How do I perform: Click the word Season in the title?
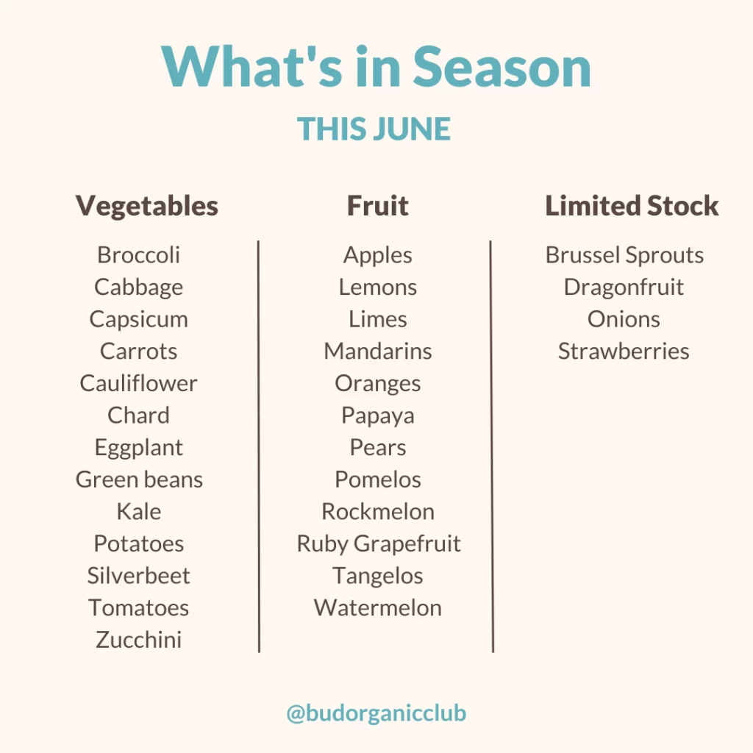click(502, 67)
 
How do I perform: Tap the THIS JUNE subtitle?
click(374, 129)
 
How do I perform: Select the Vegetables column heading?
click(147, 207)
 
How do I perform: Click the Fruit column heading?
click(378, 206)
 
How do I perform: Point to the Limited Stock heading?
click(632, 206)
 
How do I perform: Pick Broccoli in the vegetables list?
click(138, 254)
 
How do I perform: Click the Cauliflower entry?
click(138, 382)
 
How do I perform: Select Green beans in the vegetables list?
click(139, 479)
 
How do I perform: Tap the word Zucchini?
click(138, 640)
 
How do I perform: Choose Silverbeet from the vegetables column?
click(138, 575)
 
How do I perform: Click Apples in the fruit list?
click(378, 255)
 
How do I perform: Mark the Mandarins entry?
click(378, 351)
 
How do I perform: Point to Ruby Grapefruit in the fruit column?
click(379, 544)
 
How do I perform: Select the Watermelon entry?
click(378, 607)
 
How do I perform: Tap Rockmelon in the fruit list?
click(378, 512)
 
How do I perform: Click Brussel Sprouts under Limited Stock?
click(624, 255)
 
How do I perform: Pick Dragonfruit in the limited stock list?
click(624, 288)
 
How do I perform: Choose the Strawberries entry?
click(624, 351)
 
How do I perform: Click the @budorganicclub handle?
click(376, 713)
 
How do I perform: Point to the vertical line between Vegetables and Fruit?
click(259, 446)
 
